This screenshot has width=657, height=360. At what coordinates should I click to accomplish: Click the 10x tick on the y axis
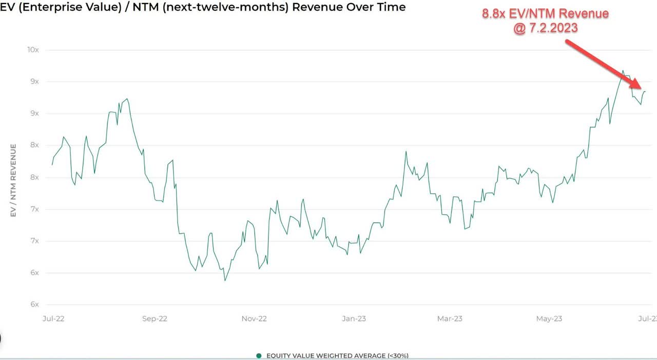33,50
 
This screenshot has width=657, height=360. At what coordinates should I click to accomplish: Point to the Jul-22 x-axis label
53,319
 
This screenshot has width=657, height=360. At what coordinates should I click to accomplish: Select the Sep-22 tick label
154,319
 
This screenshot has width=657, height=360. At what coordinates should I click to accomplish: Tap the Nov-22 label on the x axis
254,319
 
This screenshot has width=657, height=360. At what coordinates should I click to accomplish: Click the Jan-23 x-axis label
354,319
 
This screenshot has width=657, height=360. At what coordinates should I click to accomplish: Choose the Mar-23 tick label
450,319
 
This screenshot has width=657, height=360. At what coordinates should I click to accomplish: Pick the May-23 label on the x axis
549,319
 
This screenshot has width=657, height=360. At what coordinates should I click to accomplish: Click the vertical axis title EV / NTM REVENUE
14,180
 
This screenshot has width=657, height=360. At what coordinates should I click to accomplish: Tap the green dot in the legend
259,355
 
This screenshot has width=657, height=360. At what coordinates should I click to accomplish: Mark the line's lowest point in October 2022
225,280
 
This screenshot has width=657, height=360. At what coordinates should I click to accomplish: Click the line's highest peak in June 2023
623,71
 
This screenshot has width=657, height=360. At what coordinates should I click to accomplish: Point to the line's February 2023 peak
405,151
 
